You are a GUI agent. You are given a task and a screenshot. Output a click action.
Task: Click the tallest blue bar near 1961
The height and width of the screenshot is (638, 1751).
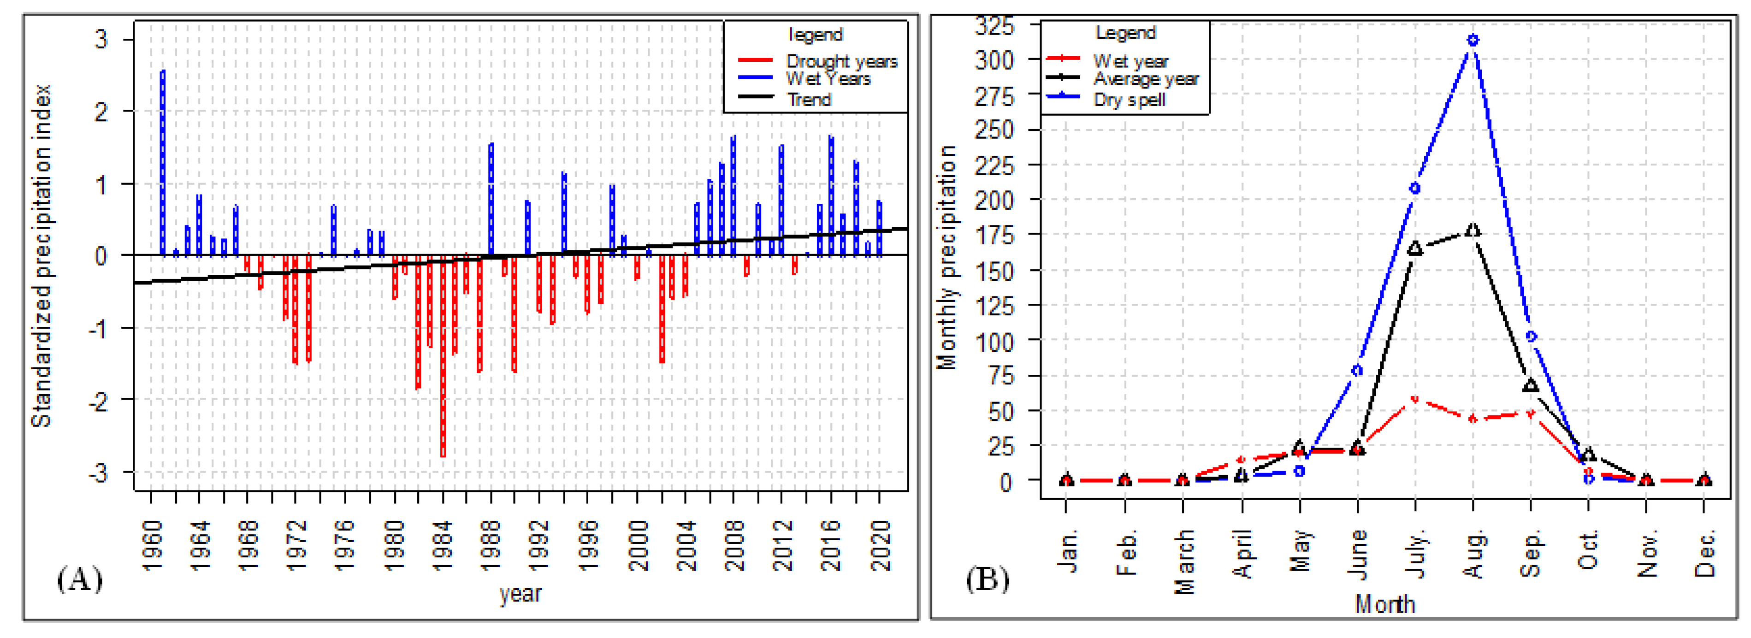pyautogui.click(x=162, y=163)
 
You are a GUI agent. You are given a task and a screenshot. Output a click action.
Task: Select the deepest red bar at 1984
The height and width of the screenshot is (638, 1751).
pyautogui.click(x=443, y=357)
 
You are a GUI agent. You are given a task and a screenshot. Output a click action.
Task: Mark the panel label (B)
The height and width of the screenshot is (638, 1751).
pyautogui.click(x=988, y=579)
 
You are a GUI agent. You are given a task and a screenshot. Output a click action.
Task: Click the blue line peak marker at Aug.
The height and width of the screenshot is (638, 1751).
pyautogui.click(x=1473, y=41)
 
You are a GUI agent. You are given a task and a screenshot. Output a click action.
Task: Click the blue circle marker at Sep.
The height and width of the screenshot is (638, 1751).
pyautogui.click(x=1531, y=337)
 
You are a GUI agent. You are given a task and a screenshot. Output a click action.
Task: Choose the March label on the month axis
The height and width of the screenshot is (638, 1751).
pyautogui.click(x=1184, y=561)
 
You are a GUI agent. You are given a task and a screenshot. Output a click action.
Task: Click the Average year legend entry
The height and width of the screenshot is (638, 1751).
pyautogui.click(x=1145, y=79)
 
